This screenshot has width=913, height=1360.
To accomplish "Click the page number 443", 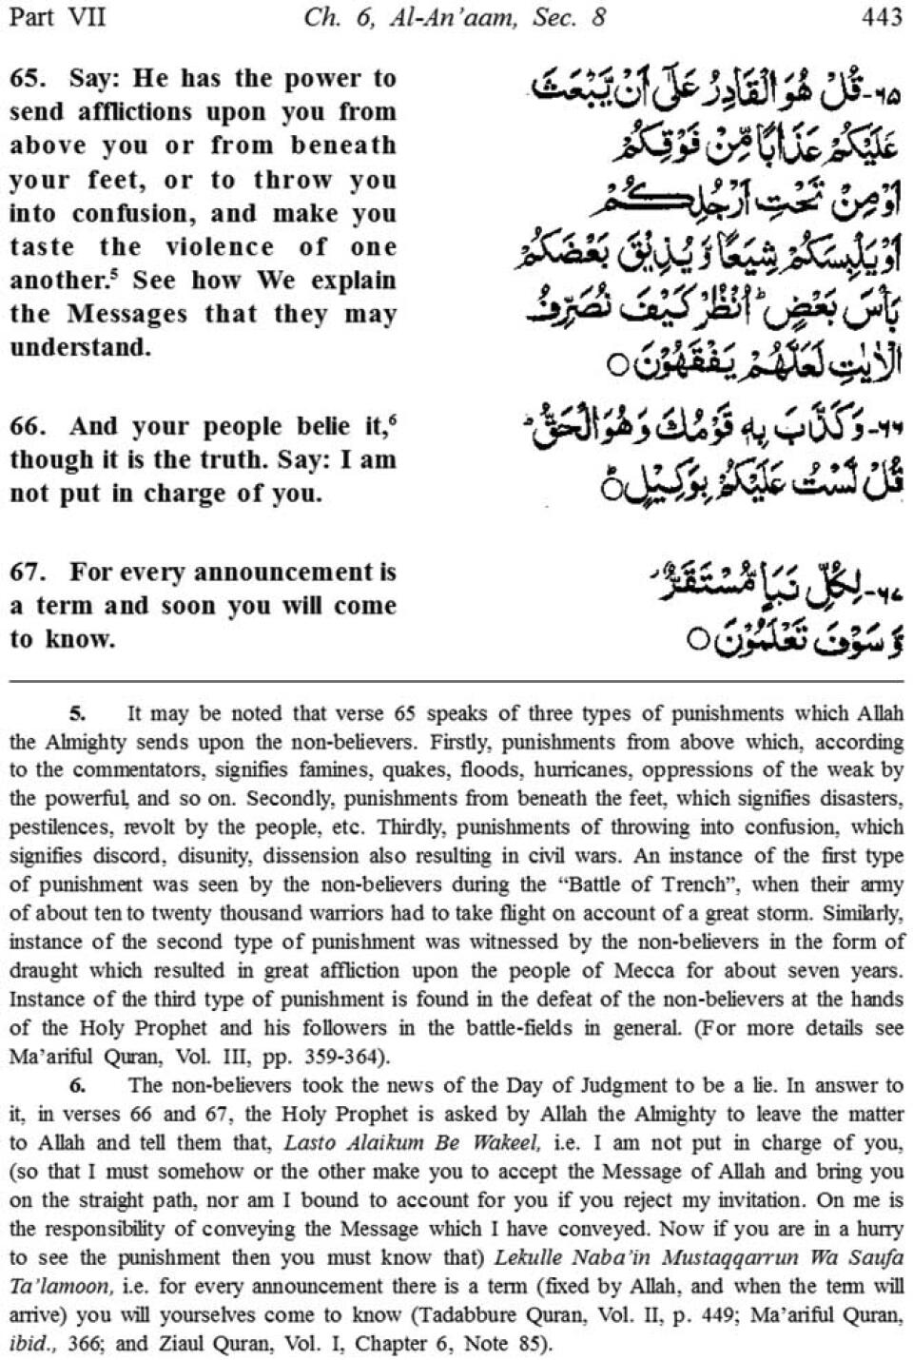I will (880, 17).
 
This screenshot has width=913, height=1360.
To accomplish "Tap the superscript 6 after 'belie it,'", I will (392, 419).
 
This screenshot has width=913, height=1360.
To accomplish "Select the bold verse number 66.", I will (26, 427).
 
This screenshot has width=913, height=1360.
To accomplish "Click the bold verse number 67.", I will (26, 573).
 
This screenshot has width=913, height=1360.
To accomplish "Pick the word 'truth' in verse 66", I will (232, 460).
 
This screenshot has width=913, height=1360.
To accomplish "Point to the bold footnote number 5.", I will (78, 712).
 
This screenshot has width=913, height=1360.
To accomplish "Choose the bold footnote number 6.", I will (78, 1085).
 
